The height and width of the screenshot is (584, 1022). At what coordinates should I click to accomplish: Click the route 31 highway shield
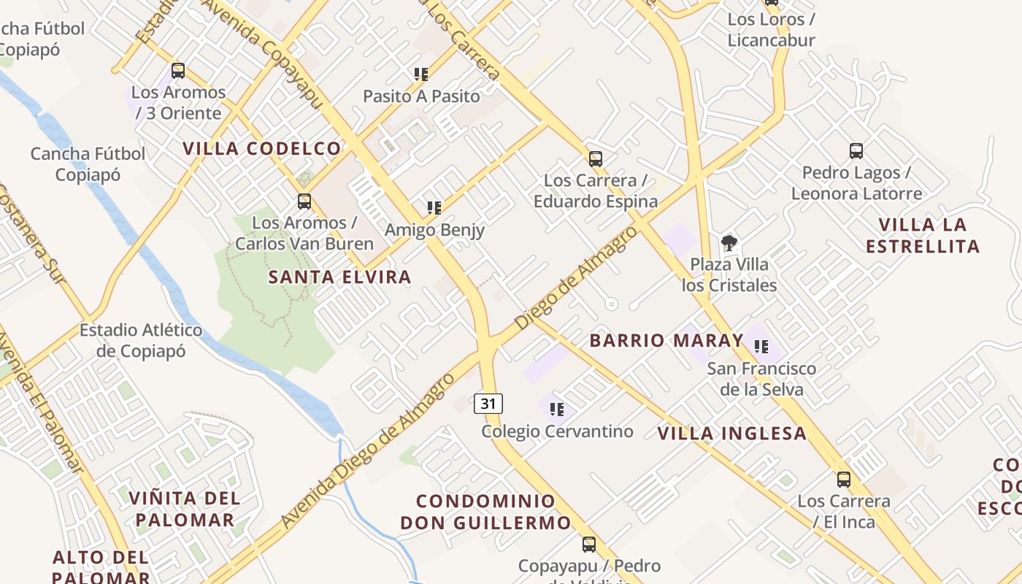(488, 403)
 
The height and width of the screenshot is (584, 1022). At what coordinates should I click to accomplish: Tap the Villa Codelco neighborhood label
(261, 149)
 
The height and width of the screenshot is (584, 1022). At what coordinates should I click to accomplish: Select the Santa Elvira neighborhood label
(339, 277)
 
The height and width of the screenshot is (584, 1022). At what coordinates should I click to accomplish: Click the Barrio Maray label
(666, 341)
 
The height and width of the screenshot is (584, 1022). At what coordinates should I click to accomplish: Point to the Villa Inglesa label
(732, 434)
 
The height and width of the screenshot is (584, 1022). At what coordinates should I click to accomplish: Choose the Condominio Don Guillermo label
(485, 512)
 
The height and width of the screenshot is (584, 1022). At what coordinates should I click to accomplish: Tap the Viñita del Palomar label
(185, 510)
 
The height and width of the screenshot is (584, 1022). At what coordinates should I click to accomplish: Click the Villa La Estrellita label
(923, 235)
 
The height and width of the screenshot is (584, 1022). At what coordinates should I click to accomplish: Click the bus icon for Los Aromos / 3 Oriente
(178, 71)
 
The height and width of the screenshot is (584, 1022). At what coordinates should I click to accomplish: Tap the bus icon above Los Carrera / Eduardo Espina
(596, 158)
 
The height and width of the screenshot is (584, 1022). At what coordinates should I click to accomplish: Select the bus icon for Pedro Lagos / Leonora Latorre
(856, 151)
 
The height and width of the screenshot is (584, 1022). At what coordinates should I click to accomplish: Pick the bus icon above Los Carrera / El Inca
(844, 480)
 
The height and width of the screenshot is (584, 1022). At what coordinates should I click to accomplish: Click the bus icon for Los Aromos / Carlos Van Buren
(304, 201)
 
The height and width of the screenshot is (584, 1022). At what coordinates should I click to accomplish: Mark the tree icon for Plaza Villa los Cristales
(729, 242)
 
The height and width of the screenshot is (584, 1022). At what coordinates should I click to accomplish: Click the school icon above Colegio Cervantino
(557, 410)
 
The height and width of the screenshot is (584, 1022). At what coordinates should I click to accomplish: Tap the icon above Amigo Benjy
(434, 208)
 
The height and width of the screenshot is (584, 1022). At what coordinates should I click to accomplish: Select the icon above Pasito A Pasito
(421, 74)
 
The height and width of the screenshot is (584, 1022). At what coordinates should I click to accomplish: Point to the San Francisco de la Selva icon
(761, 347)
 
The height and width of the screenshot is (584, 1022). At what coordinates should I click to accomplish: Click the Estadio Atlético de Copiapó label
(141, 341)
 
